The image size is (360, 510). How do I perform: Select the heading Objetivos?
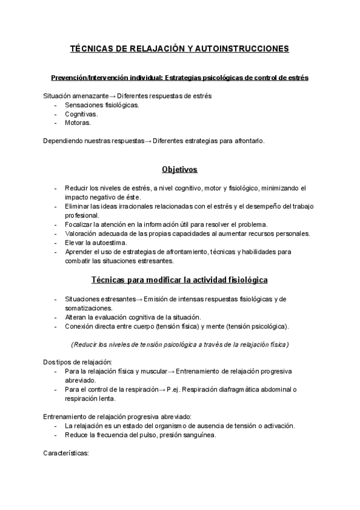180,170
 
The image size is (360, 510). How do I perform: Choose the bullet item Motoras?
78,123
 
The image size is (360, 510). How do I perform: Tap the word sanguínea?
197,435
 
